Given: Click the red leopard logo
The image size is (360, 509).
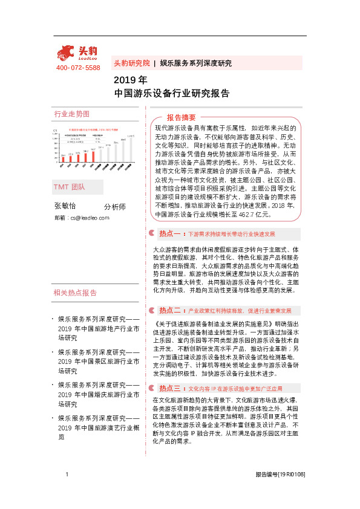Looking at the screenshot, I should (x=68, y=53).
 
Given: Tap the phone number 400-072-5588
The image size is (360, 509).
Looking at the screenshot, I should (x=78, y=68).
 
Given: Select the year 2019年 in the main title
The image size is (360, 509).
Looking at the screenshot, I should (x=130, y=80).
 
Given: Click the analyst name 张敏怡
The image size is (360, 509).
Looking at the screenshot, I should (x=66, y=207).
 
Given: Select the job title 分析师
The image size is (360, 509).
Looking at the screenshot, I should (x=115, y=207).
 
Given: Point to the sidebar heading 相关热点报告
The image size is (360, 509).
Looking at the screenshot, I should (x=75, y=293).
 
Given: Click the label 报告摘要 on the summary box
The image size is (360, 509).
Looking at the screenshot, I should (x=182, y=117).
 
